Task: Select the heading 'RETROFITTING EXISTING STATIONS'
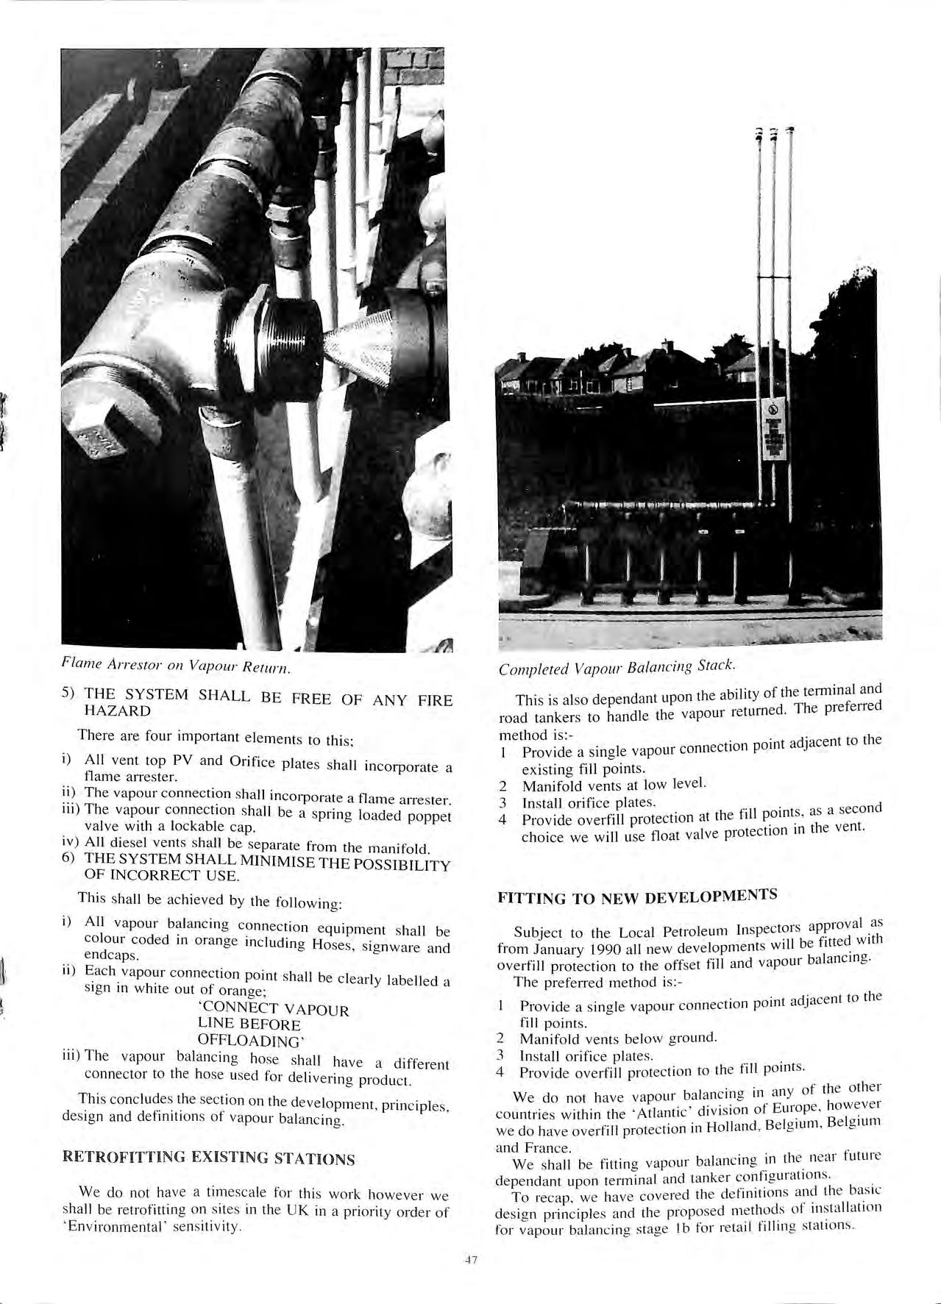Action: [209, 1158]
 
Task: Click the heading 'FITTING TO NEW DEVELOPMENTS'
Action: [637, 897]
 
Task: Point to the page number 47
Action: [471, 1260]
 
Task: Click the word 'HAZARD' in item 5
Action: [118, 711]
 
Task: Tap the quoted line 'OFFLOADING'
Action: [250, 1041]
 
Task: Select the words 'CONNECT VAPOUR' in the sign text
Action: [275, 1009]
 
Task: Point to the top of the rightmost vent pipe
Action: [790, 131]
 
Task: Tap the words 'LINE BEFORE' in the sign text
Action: [249, 1025]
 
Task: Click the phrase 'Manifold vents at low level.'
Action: [614, 785]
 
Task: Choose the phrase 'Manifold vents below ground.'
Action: [618, 1038]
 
